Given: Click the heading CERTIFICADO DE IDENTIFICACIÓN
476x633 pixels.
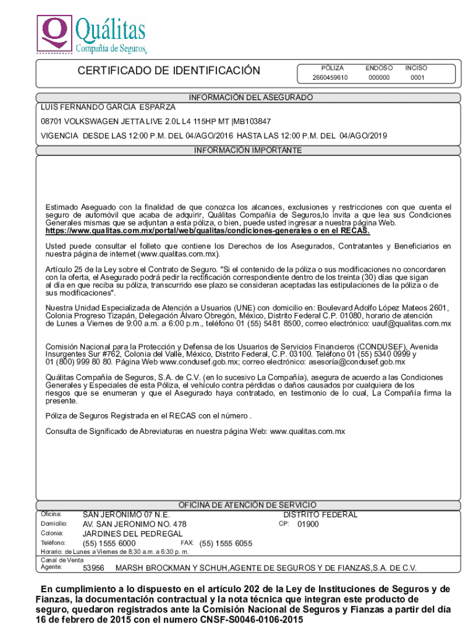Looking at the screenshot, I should (x=169, y=71).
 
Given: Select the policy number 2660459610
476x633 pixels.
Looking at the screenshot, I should (x=330, y=78).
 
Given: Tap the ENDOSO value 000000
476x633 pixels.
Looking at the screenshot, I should (x=379, y=78).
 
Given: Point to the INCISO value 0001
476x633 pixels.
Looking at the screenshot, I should (x=417, y=78).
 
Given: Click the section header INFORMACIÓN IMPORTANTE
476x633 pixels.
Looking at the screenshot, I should (x=247, y=150).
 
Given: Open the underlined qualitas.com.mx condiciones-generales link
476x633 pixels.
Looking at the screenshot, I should (x=208, y=231).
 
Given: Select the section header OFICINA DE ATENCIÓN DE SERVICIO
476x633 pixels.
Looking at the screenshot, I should (x=247, y=505).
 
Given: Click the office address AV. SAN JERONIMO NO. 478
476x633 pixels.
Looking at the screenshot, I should (x=134, y=524).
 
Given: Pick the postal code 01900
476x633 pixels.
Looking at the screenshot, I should (x=308, y=524).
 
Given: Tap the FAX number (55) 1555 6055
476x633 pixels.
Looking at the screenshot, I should (x=226, y=543).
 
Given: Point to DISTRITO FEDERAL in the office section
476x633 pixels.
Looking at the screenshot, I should (x=320, y=514).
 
